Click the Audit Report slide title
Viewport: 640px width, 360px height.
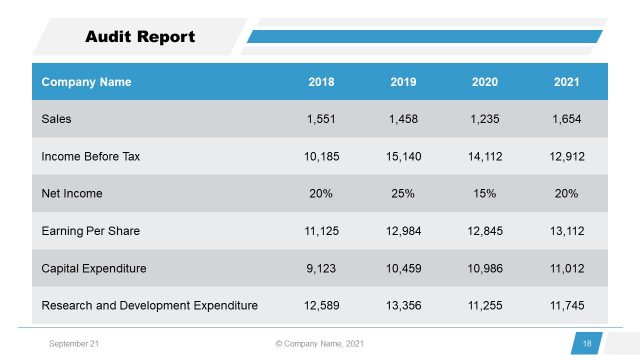140,38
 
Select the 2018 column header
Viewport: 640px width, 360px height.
322,82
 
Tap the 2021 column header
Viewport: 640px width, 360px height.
567,82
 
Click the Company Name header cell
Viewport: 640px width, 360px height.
86,82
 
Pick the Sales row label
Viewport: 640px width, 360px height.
57,119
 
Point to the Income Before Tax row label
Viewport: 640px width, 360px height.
90,156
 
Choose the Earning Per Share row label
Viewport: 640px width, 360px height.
90,231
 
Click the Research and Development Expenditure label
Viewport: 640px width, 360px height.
149,305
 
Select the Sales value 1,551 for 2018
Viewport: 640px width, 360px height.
322,119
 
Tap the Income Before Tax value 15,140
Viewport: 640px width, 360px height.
404,156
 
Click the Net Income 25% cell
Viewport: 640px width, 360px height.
404,193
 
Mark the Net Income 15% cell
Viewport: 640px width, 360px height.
485,193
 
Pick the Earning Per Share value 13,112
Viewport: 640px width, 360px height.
567,231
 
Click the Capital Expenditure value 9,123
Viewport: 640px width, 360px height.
322,268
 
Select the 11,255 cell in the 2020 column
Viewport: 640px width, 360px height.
485,305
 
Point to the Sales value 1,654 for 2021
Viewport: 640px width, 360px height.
567,119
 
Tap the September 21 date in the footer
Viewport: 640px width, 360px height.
73,344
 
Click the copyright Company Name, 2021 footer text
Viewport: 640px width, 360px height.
319,344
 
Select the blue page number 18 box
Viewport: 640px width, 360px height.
587,344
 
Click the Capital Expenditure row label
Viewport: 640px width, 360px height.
94,268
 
